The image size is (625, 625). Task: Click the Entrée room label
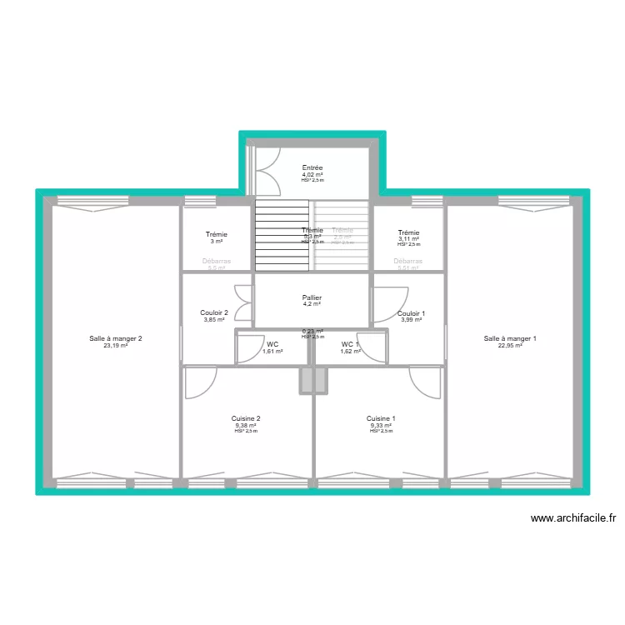(312, 167)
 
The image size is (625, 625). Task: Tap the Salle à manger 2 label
(117, 338)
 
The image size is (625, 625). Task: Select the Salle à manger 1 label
(510, 338)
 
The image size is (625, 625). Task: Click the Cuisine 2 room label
(246, 418)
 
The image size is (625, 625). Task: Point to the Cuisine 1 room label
(381, 418)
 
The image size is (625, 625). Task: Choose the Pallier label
(312, 297)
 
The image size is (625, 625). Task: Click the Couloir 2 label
(214, 313)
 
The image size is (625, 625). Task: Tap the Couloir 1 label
(412, 313)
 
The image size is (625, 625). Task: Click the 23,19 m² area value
(117, 345)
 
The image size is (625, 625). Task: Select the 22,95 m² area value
(510, 345)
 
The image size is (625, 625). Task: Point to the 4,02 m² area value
(312, 174)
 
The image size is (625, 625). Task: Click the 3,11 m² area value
(409, 239)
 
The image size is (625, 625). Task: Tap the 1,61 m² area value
(272, 351)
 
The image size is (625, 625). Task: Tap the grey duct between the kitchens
(314, 380)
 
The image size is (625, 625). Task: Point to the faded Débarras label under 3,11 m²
(408, 262)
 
